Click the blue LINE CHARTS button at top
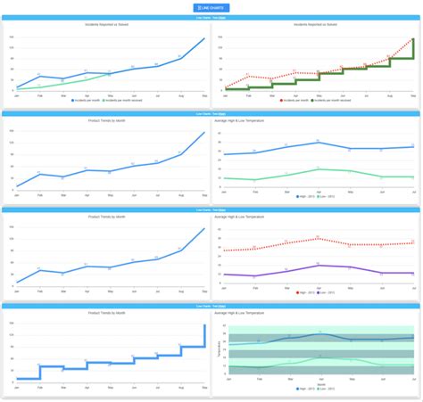[211, 8]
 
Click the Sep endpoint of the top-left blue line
[204, 38]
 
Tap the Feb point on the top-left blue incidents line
[39, 77]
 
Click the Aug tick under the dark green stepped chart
[390, 94]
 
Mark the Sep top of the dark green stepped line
[414, 39]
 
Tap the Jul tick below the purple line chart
[414, 285]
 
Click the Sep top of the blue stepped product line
[204, 325]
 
